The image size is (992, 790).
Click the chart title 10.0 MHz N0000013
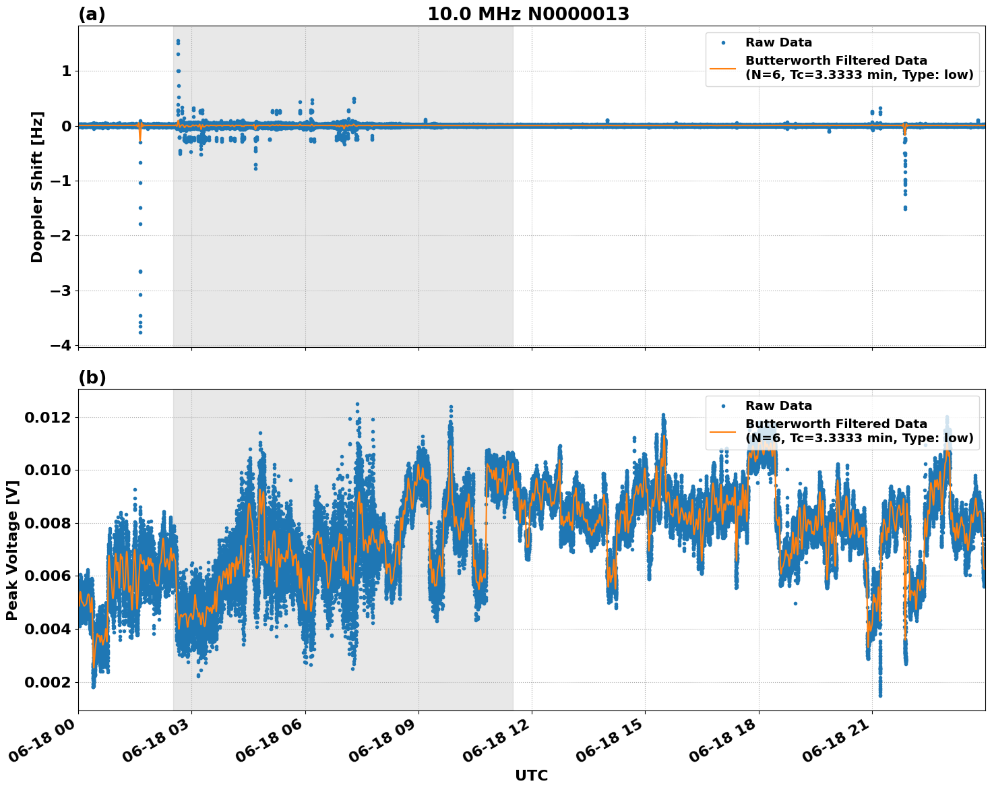point(528,14)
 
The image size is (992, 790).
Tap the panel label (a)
point(92,14)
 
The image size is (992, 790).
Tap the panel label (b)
point(92,377)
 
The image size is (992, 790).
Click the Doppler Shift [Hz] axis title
point(37,187)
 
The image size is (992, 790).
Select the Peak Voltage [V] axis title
point(12,550)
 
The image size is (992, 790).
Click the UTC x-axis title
point(531,775)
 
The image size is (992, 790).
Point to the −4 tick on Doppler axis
point(60,345)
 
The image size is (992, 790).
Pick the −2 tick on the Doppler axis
point(60,236)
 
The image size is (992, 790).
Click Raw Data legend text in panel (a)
point(778,42)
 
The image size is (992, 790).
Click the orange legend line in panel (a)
point(722,68)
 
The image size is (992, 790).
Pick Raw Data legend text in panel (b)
point(778,406)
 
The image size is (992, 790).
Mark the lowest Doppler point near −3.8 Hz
point(140,332)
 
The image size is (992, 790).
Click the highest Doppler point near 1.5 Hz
point(178,40)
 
